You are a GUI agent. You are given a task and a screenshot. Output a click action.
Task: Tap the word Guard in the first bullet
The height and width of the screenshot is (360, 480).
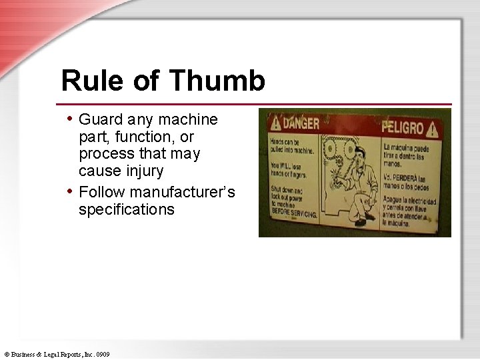point(99,120)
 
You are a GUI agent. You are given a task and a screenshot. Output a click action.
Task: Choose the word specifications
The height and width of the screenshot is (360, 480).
point(127,210)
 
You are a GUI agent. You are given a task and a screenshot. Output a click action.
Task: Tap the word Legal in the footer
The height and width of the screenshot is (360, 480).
point(52,354)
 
